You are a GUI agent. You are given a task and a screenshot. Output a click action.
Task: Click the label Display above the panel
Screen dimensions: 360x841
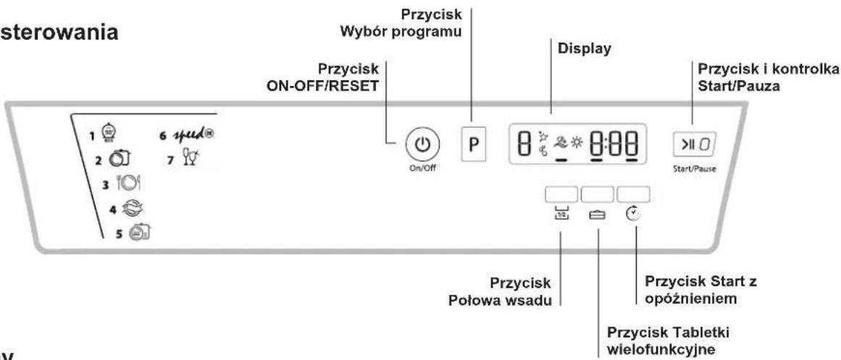(580, 52)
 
